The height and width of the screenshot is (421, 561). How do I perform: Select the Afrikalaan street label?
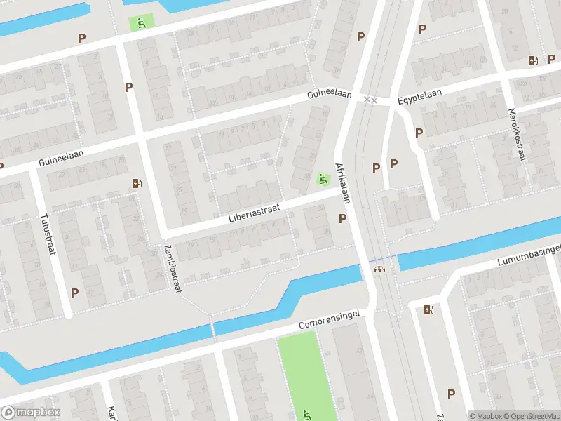[342, 184]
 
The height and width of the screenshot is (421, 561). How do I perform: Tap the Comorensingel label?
[329, 320]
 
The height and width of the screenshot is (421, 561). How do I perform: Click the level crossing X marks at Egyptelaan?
[371, 100]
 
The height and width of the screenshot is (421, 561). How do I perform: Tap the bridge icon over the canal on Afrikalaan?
[381, 269]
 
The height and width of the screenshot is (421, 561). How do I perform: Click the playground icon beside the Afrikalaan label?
[323, 180]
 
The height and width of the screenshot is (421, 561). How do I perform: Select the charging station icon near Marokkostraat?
[533, 61]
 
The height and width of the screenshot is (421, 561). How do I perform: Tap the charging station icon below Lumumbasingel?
[429, 309]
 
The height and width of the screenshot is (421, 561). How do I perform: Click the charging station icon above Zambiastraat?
[136, 184]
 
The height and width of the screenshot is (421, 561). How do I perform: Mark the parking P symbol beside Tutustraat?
[74, 292]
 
